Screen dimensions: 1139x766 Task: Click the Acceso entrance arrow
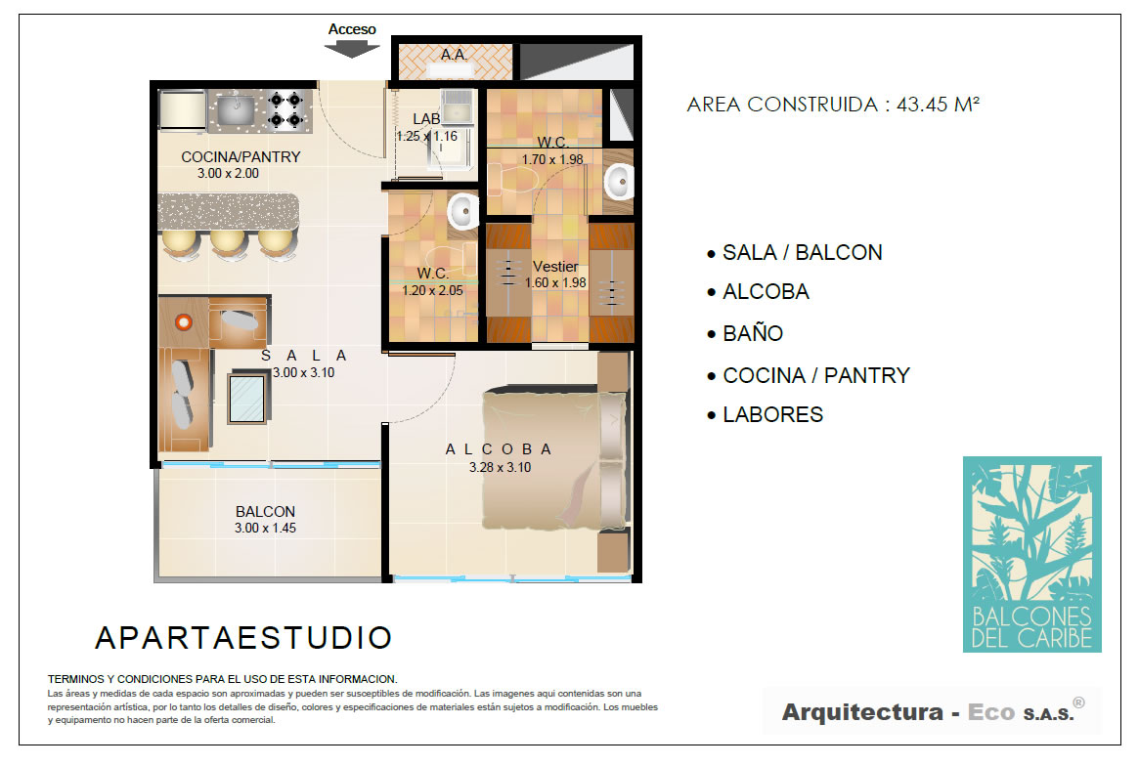[x=352, y=49]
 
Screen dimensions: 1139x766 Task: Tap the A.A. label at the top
[x=454, y=55]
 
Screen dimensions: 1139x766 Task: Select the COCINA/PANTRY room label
[x=241, y=157]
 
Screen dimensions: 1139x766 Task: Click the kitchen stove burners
[x=285, y=109]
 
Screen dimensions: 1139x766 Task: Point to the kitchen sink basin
[x=236, y=110]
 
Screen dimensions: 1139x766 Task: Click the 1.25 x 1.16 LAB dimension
[x=427, y=137]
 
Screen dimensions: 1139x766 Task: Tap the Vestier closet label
[x=555, y=267]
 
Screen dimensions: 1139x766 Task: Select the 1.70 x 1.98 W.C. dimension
[x=552, y=159]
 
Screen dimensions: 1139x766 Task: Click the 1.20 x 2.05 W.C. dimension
[x=433, y=290]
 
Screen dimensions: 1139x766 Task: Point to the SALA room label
[x=304, y=356]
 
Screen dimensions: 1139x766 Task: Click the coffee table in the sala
[x=247, y=398]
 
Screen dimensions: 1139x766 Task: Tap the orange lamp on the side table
[x=184, y=321]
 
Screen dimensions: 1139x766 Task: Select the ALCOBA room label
[x=499, y=449]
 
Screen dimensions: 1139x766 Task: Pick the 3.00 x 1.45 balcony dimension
[x=265, y=529]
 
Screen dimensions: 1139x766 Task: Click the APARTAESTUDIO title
[x=244, y=638]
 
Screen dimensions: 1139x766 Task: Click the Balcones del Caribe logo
[x=1032, y=554]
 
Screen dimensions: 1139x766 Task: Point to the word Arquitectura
[x=862, y=712]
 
